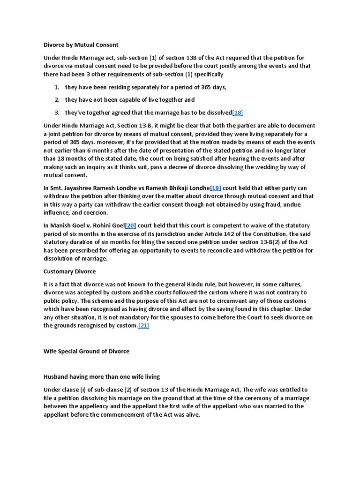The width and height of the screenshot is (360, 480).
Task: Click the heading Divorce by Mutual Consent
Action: point(81,45)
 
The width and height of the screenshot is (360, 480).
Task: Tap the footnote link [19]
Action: point(215,188)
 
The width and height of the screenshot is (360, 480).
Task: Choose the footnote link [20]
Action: point(130,225)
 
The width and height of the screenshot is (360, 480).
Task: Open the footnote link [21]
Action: point(143,326)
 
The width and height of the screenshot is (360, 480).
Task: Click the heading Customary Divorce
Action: point(69,271)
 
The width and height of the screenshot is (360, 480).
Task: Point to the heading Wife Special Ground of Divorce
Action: point(86,351)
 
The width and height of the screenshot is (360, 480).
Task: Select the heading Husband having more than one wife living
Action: point(101,376)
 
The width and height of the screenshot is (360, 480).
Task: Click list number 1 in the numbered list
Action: point(56,87)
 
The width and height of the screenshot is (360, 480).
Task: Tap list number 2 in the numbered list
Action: point(56,100)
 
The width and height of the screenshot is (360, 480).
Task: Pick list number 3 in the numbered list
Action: point(56,112)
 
